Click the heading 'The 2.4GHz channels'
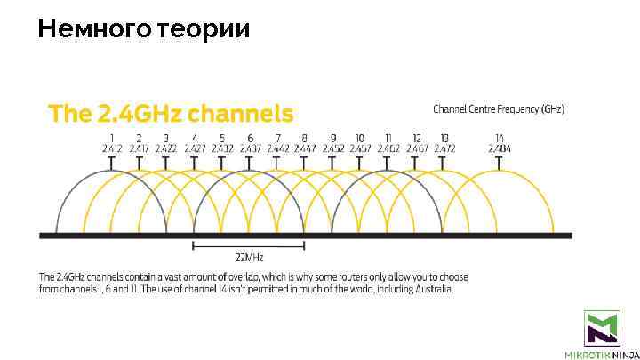(x=170, y=114)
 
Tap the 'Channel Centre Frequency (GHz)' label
(x=498, y=109)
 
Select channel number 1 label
(x=112, y=139)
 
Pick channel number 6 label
(x=250, y=139)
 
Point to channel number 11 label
(x=388, y=139)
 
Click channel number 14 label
(x=499, y=139)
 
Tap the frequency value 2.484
(x=499, y=148)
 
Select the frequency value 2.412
(x=112, y=148)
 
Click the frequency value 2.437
(x=250, y=148)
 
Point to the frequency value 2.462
(x=388, y=148)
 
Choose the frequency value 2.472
(x=444, y=148)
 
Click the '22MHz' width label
(x=248, y=258)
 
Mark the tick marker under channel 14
(x=499, y=161)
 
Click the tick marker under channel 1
(x=112, y=161)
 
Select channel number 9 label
(x=333, y=139)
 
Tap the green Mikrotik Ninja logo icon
(x=602, y=328)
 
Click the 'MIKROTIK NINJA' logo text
(x=602, y=354)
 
